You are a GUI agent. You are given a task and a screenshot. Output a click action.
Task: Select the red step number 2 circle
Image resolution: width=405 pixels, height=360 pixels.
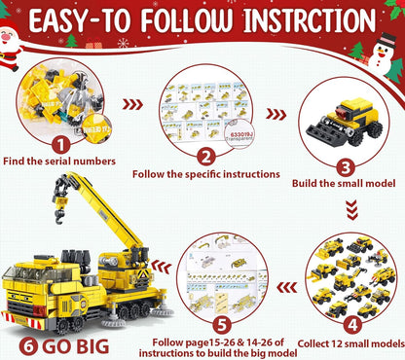205,157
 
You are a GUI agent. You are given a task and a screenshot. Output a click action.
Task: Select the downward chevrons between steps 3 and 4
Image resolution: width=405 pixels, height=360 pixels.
347,201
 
